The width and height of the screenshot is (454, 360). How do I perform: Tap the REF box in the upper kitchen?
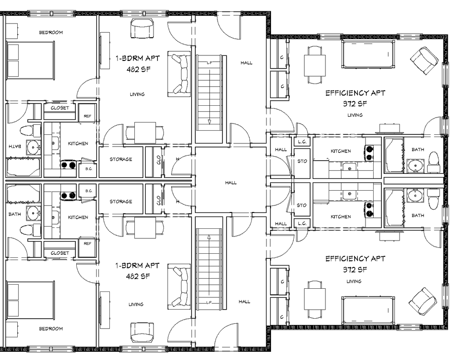click(x=87, y=116)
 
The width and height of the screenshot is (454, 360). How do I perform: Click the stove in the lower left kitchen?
click(x=68, y=196)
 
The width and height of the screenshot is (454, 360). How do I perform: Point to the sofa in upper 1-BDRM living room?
click(x=180, y=74)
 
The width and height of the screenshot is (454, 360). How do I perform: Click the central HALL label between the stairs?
click(x=231, y=182)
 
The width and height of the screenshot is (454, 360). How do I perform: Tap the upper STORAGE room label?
click(x=120, y=159)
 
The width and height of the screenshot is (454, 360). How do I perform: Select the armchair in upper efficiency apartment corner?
click(x=424, y=61)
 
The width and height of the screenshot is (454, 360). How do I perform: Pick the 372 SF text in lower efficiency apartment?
click(x=355, y=270)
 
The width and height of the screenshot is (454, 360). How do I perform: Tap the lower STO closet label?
click(x=301, y=205)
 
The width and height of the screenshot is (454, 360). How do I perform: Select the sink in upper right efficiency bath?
click(x=415, y=165)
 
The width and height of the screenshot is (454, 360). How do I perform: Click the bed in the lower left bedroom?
click(x=31, y=300)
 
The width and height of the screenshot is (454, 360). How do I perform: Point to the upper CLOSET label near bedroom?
click(x=59, y=108)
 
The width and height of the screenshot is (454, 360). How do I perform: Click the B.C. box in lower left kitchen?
click(x=88, y=191)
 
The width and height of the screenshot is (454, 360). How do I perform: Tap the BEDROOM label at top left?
click(x=50, y=33)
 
